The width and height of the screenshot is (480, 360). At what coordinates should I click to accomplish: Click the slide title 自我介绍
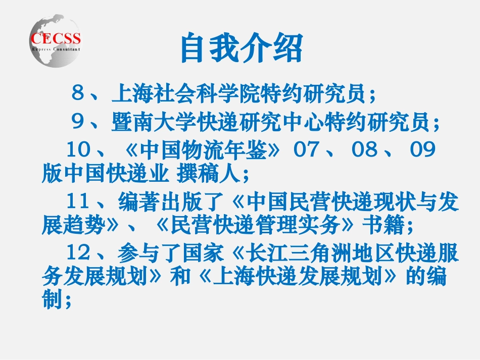pyautogui.click(x=242, y=49)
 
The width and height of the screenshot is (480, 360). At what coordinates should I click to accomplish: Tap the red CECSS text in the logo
pyautogui.click(x=56, y=39)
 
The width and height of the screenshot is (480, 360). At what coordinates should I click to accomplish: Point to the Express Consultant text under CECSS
pyautogui.click(x=56, y=49)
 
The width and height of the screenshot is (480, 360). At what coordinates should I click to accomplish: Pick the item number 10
pyautogui.click(x=79, y=150)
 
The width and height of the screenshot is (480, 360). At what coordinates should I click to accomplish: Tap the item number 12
pyautogui.click(x=79, y=254)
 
